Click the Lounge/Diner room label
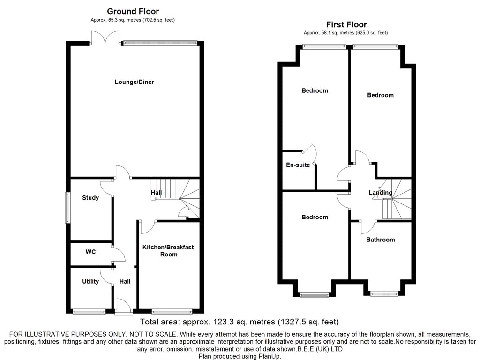[x=134, y=82]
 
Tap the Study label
[x=90, y=198]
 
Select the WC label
[x=90, y=252]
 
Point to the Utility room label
[x=90, y=281]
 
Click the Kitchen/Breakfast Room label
[x=168, y=251]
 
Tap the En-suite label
[x=298, y=165]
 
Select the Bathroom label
[x=381, y=240]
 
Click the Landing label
[x=381, y=193]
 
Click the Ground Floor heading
[x=133, y=12]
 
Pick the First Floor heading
[x=346, y=24]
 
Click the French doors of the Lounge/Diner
[x=105, y=37]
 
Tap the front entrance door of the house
[x=124, y=307]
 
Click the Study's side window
[x=67, y=207]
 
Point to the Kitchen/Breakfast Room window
[x=172, y=312]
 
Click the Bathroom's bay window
[x=384, y=294]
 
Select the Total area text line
[x=240, y=322]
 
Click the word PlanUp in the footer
[x=270, y=356]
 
